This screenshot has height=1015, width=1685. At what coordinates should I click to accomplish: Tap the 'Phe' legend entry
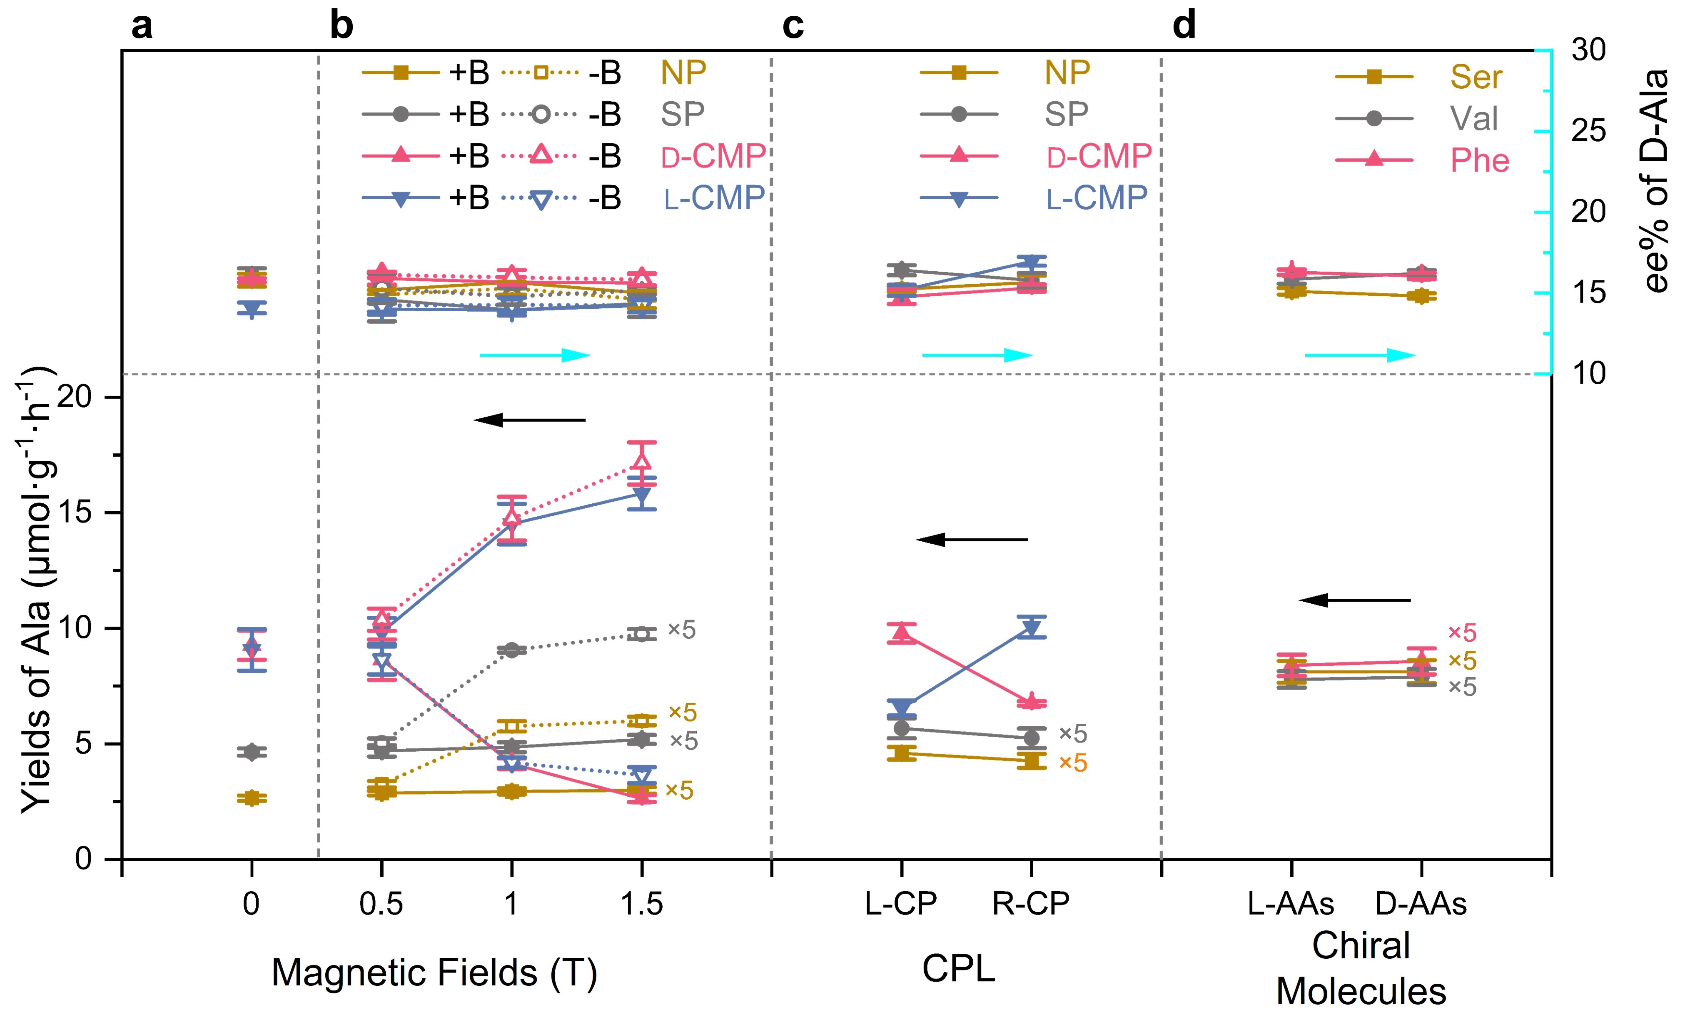(1479, 161)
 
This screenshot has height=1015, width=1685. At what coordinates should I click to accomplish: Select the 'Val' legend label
(1474, 118)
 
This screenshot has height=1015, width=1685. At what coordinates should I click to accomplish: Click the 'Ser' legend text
(1476, 77)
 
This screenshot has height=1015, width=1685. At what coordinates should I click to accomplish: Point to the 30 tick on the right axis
(1588, 50)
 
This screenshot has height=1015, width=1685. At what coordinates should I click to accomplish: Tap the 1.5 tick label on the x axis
(641, 904)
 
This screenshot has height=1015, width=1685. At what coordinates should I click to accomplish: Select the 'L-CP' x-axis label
(901, 904)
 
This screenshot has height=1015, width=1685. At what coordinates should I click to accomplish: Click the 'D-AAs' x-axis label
(1421, 904)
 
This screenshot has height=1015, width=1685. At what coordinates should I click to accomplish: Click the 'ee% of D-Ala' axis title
(1655, 181)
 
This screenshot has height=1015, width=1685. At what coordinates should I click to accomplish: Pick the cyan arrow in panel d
(1360, 355)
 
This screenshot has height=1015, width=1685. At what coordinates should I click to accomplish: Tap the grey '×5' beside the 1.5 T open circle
(681, 630)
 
